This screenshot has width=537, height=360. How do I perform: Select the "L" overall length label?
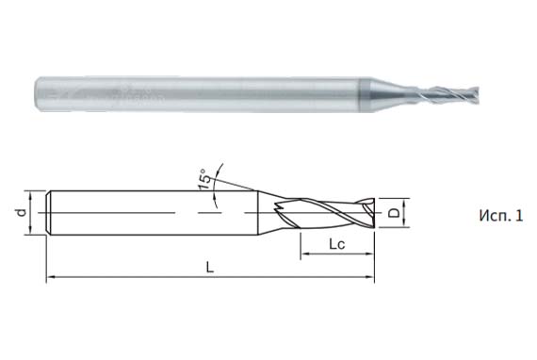[x=209, y=268]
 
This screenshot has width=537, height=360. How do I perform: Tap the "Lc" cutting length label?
[x=335, y=245]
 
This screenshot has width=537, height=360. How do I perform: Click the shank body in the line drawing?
[x=151, y=214]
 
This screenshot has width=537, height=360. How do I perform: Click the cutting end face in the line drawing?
[x=372, y=214]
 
